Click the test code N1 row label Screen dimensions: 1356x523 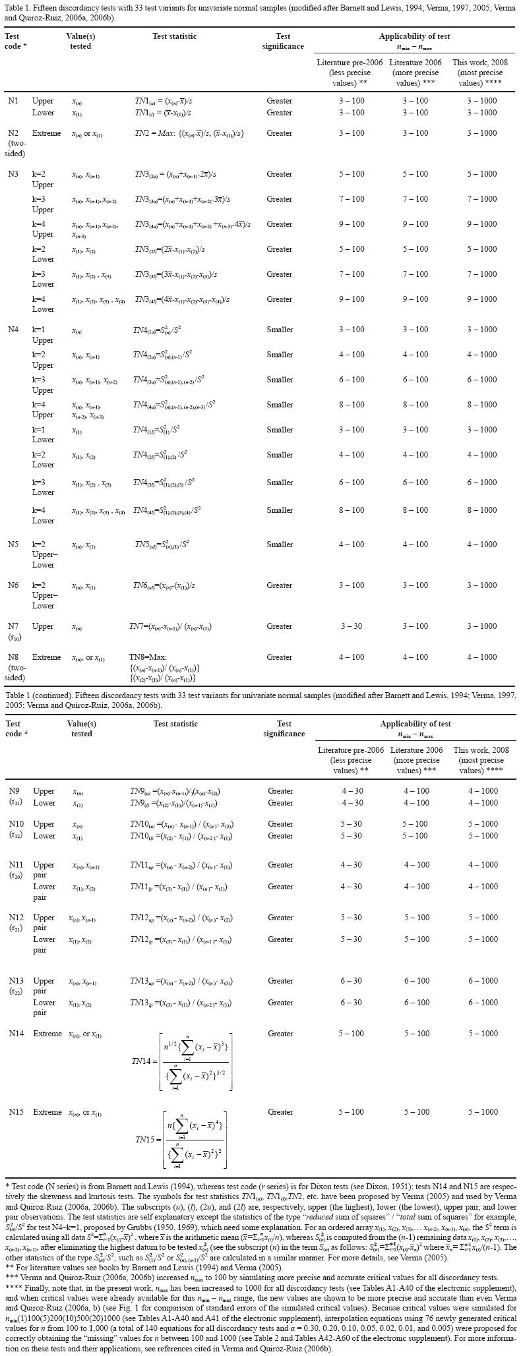click(x=13, y=101)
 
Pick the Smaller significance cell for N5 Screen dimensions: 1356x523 click(x=280, y=545)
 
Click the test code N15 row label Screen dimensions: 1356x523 click(x=16, y=1112)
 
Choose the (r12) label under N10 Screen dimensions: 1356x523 click(x=16, y=835)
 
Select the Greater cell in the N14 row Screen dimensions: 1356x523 click(x=280, y=1034)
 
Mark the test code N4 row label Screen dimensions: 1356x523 click(x=13, y=330)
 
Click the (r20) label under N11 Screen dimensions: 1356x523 click(x=16, y=876)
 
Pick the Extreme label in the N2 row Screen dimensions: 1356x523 click(x=47, y=133)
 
